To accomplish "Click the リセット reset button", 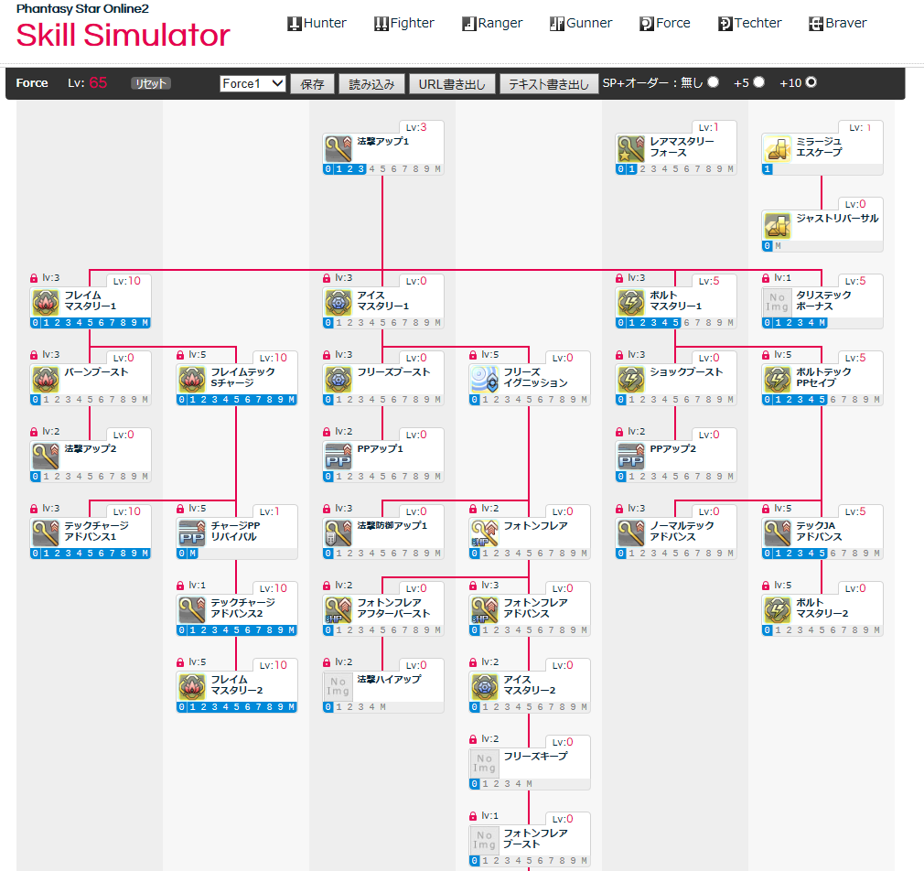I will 151,83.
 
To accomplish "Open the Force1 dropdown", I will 253,83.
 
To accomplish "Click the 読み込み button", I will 371,83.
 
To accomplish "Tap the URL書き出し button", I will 452,83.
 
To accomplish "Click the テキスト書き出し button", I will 549,83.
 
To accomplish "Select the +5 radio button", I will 759,82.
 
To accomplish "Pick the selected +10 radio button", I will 811,82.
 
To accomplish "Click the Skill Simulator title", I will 123,36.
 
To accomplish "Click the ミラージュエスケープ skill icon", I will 778,148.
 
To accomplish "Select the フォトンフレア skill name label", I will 535,526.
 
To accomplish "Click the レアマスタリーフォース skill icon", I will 631,148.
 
